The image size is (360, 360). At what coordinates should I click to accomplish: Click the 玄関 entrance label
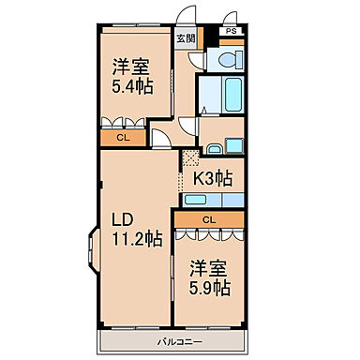pyautogui.click(x=186, y=39)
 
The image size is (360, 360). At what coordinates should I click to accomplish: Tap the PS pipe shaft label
pyautogui.click(x=231, y=31)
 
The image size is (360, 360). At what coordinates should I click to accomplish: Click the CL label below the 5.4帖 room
pyautogui.click(x=123, y=138)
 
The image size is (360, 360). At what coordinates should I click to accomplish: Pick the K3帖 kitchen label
pyautogui.click(x=214, y=175)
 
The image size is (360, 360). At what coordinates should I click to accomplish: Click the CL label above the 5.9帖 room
pyautogui.click(x=209, y=219)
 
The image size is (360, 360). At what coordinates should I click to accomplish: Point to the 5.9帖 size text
pyautogui.click(x=210, y=285)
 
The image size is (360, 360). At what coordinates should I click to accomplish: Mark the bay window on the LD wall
pyautogui.click(x=92, y=252)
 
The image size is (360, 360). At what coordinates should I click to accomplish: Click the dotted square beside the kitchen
pyautogui.click(x=190, y=157)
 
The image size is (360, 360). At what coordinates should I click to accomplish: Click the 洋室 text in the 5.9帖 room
pyautogui.click(x=210, y=265)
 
